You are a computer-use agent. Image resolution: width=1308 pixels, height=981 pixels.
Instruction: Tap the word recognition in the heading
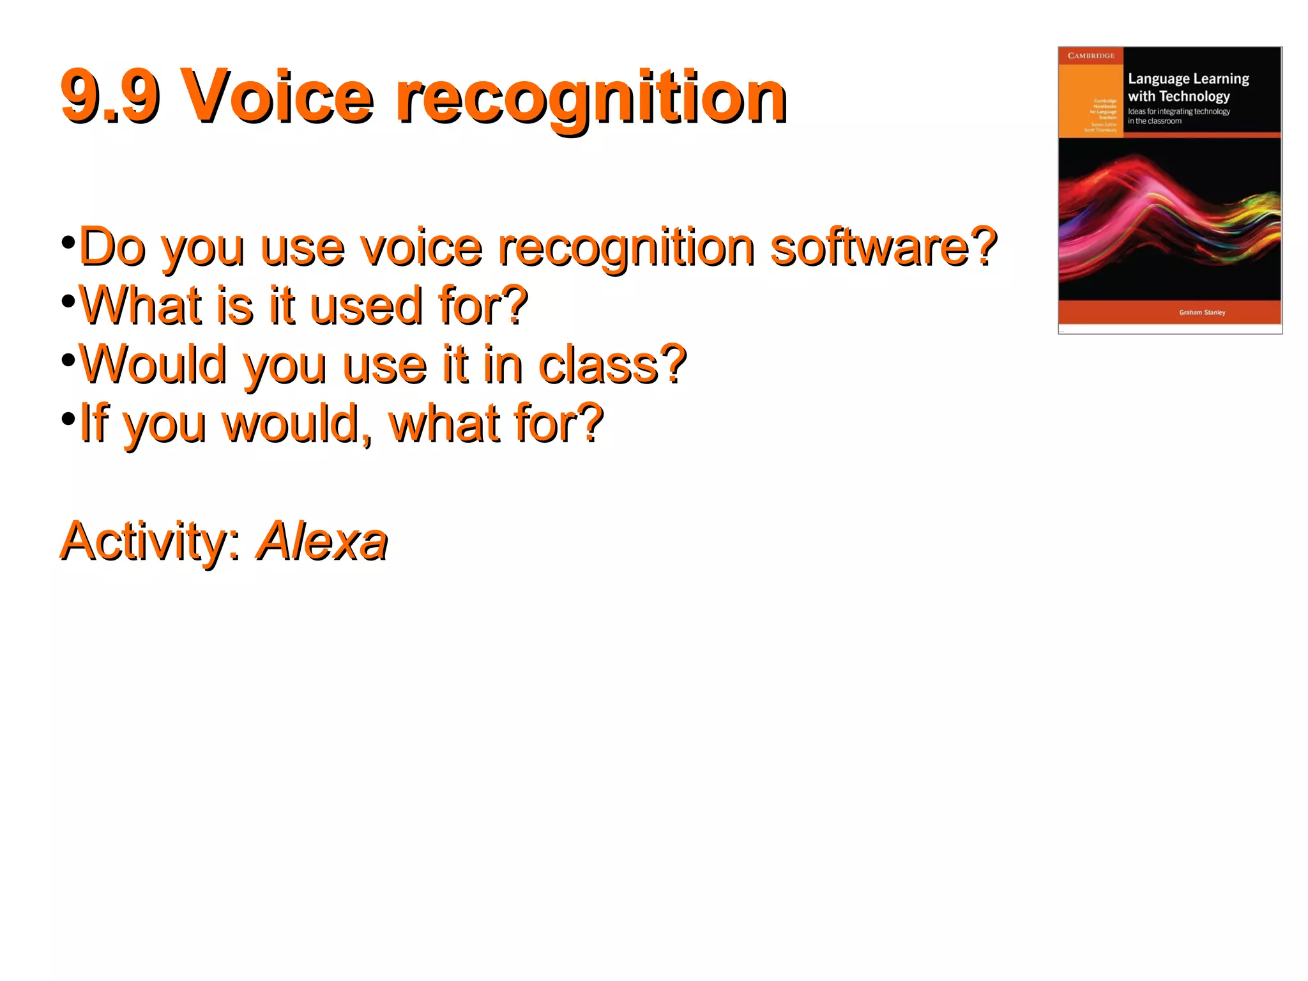click(x=591, y=99)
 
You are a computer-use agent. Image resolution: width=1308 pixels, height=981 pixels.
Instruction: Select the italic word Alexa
click(x=322, y=541)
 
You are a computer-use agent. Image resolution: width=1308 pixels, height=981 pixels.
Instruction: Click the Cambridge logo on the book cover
click(x=1091, y=56)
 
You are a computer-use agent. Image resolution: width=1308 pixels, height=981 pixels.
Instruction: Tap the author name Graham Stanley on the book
click(x=1202, y=313)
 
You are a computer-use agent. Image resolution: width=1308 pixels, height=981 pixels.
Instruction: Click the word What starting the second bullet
click(x=141, y=305)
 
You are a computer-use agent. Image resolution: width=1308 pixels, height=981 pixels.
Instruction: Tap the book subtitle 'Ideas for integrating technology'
click(x=1178, y=111)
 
